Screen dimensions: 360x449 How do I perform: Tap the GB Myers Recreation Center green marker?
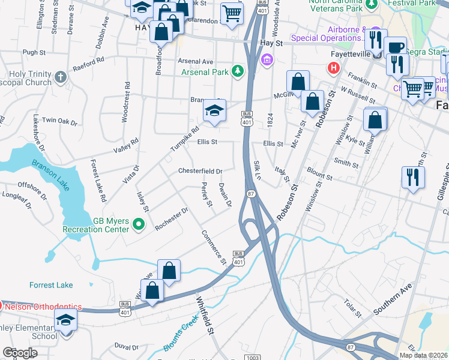[x=139, y=225]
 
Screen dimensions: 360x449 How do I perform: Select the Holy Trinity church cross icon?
[x=60, y=77]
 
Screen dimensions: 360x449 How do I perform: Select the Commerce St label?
[x=214, y=247]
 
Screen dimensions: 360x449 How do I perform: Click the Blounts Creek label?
[x=179, y=336]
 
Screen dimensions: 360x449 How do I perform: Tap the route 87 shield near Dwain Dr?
[x=251, y=193]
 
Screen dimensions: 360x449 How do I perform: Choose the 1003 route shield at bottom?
[x=253, y=358]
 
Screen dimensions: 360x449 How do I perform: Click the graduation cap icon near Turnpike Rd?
[x=213, y=111]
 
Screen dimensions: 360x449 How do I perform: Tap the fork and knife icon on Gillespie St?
[x=412, y=176]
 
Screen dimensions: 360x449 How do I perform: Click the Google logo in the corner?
[x=20, y=353]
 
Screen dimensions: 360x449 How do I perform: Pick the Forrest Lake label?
[x=51, y=285]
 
